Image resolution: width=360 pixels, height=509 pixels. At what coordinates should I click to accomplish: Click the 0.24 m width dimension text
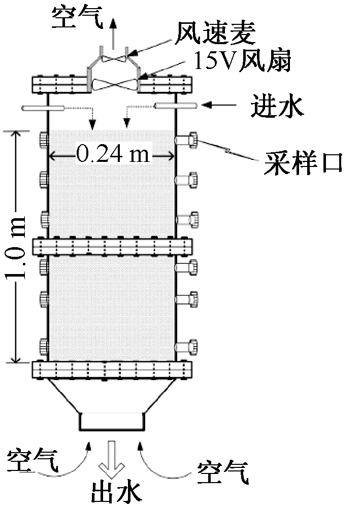(x=113, y=153)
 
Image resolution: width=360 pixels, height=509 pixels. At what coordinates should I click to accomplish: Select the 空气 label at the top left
(x=78, y=18)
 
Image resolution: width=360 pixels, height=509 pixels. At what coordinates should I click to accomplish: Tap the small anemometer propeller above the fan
(x=113, y=58)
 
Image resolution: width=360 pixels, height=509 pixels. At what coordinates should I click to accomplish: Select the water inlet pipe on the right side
(x=176, y=105)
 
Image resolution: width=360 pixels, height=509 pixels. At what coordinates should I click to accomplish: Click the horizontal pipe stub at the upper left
(x=43, y=108)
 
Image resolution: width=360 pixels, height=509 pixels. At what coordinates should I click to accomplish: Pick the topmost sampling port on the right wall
(x=188, y=140)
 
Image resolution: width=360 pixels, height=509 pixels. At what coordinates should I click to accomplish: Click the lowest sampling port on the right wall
(x=188, y=347)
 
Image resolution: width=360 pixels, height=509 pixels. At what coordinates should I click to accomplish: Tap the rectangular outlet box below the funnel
(x=111, y=421)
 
